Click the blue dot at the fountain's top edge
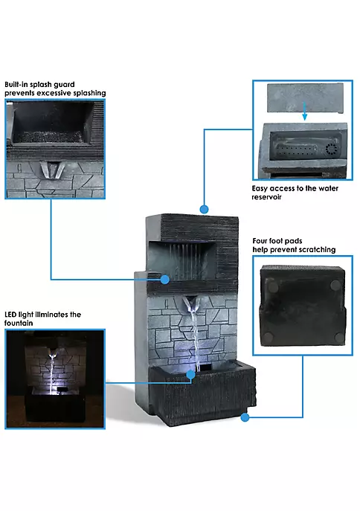click(x=205, y=209)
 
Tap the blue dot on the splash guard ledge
click(x=165, y=279)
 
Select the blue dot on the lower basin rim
click(x=191, y=374)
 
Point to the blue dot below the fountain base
click(x=245, y=417)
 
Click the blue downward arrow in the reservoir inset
click(x=305, y=111)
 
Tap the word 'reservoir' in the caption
click(x=266, y=197)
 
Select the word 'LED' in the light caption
click(x=10, y=315)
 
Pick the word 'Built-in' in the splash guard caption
click(x=16, y=84)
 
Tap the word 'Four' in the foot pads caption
click(x=260, y=241)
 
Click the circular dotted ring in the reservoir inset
click(x=331, y=150)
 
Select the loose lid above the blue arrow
click(x=305, y=98)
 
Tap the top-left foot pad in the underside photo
click(x=273, y=286)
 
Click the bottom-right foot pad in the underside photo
click(x=339, y=338)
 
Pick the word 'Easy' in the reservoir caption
click(x=260, y=188)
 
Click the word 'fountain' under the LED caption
click(x=19, y=323)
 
